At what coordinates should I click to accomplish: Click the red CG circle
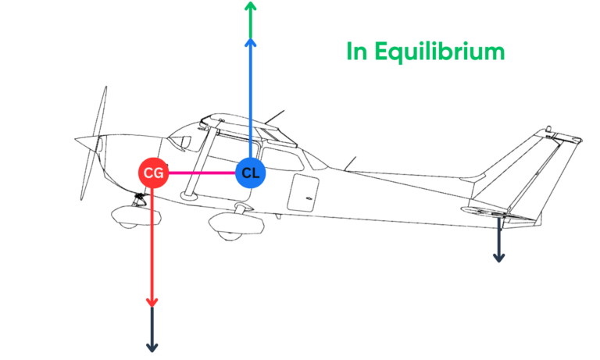coord(153,173)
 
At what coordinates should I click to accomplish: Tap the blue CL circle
coord(250,173)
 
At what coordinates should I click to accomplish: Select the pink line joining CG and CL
coord(202,173)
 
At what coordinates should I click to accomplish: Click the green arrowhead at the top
coord(250,7)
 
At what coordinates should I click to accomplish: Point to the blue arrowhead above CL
coord(250,45)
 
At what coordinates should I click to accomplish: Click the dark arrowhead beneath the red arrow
coord(153,346)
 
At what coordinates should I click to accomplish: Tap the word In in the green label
coord(356,52)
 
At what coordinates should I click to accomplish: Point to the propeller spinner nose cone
coord(80,141)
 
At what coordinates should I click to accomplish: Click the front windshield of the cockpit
coord(181,141)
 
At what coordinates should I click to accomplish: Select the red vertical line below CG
coord(153,242)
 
